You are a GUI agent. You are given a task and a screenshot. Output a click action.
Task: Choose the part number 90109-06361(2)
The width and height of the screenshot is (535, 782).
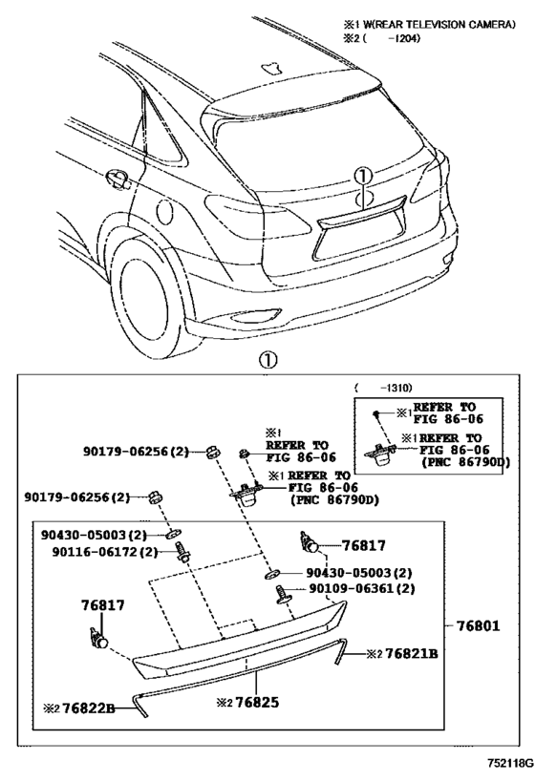coord(360,589)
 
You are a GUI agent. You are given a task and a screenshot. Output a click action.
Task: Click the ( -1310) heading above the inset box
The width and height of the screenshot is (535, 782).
coord(382,389)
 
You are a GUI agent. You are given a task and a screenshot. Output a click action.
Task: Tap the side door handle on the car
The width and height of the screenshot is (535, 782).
coord(118,177)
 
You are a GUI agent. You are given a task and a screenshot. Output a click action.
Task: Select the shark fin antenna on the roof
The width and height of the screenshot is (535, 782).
coord(275,69)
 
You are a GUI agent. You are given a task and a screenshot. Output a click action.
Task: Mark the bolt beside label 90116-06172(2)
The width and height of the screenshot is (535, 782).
coord(182,553)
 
